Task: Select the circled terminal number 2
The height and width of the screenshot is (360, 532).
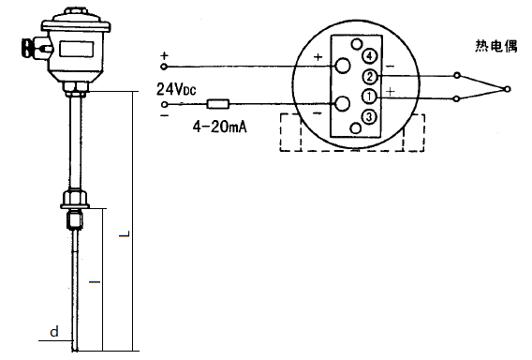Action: pyautogui.click(x=370, y=76)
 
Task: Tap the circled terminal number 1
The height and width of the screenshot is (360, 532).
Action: pyautogui.click(x=370, y=96)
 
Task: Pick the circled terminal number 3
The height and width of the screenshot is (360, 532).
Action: pyautogui.click(x=370, y=116)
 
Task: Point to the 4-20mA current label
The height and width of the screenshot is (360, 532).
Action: pyautogui.click(x=220, y=126)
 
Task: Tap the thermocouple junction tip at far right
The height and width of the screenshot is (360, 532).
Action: pyautogui.click(x=507, y=89)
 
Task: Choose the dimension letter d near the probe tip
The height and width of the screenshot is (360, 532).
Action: pyautogui.click(x=54, y=331)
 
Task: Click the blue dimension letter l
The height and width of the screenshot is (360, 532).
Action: pyautogui.click(x=92, y=280)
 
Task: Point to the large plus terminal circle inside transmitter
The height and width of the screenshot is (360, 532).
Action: pyautogui.click(x=342, y=67)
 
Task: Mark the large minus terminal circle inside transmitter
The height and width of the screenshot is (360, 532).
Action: pyautogui.click(x=342, y=103)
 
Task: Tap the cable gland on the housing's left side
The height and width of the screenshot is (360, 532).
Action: pyautogui.click(x=27, y=46)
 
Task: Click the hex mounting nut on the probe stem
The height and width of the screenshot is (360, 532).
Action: pyautogui.click(x=74, y=199)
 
